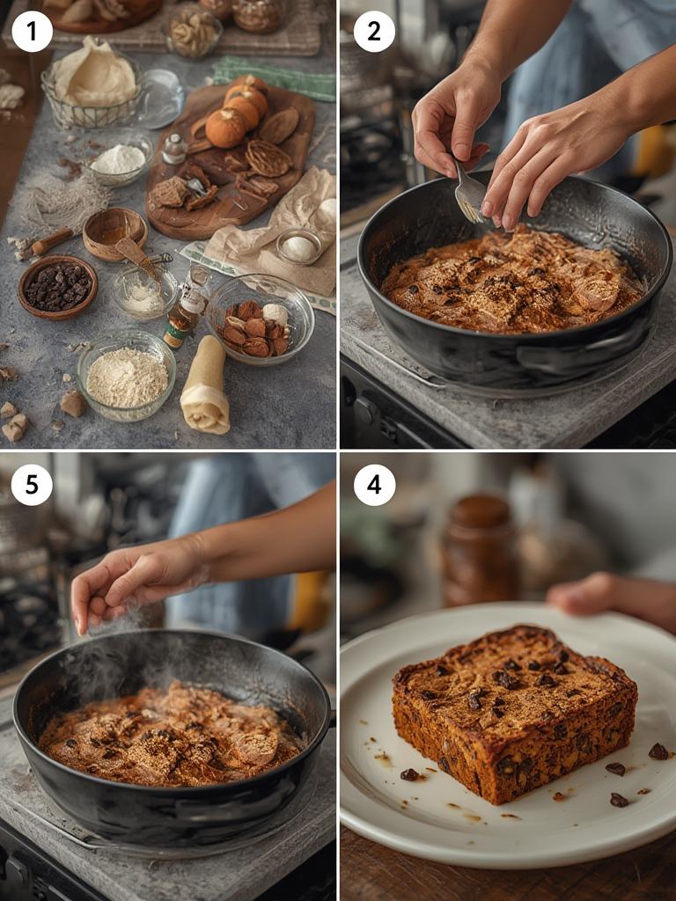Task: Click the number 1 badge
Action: pos(32,32)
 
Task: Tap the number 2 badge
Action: pos(374,32)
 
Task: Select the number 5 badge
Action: pos(32,485)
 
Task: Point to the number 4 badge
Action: pos(374,485)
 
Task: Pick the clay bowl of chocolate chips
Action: pos(57,286)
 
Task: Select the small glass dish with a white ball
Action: pos(298,247)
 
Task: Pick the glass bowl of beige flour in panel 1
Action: pos(126,375)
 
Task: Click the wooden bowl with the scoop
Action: pos(114,233)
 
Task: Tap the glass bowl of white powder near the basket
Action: pos(120,161)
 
